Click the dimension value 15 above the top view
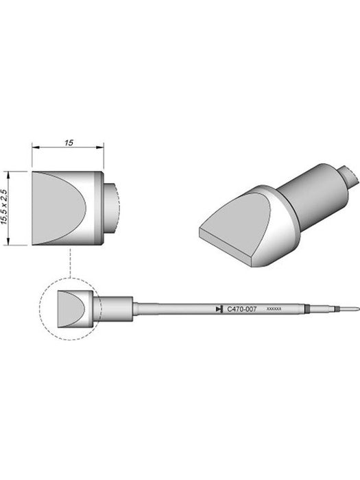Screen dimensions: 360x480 [69, 143]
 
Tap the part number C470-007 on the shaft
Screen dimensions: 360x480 [242, 309]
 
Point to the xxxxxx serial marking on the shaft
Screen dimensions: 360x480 [274, 309]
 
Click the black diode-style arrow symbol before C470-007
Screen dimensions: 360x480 [219, 309]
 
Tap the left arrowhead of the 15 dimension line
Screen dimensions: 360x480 [36, 147]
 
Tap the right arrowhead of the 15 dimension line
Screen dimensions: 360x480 [100, 147]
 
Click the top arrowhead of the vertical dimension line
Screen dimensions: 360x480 [9, 176]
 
